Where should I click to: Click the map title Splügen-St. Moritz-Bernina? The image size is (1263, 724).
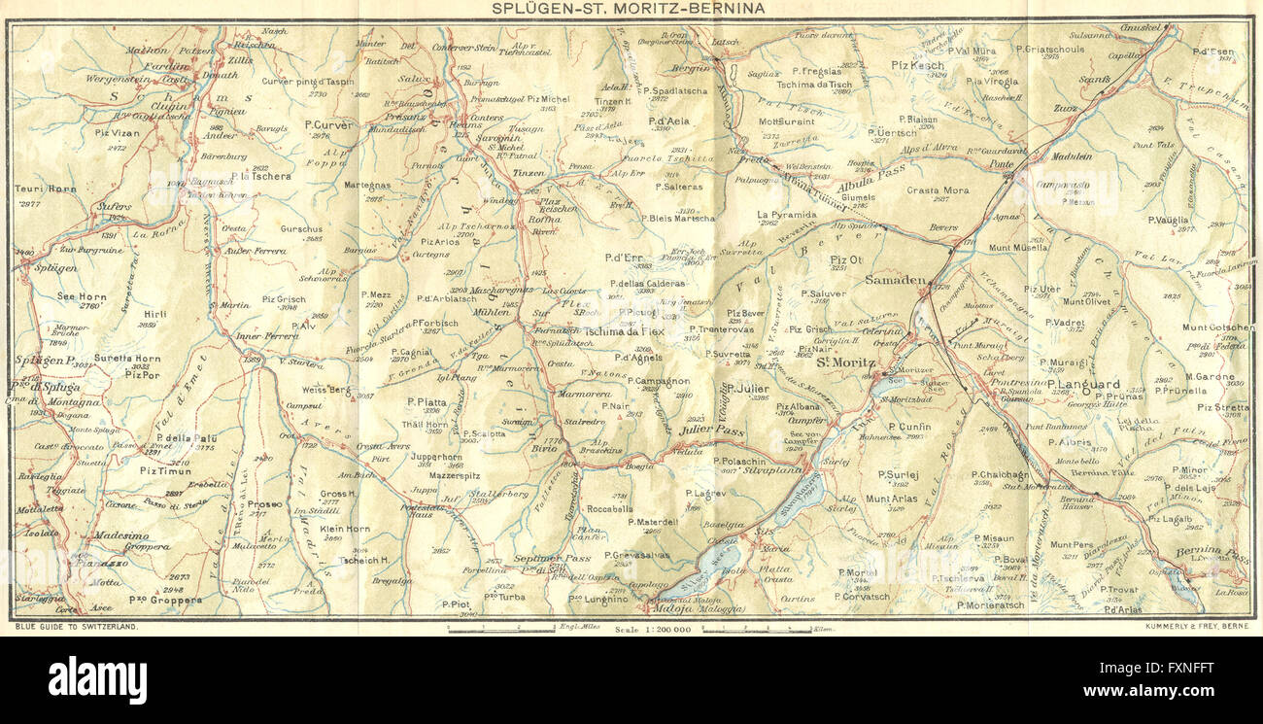[628, 8]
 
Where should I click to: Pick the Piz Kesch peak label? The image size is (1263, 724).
[917, 65]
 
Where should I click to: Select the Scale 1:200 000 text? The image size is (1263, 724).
[653, 631]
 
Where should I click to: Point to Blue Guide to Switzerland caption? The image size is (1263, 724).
[77, 628]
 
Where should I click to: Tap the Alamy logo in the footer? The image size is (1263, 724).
[97, 679]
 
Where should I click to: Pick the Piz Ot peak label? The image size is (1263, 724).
[845, 259]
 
